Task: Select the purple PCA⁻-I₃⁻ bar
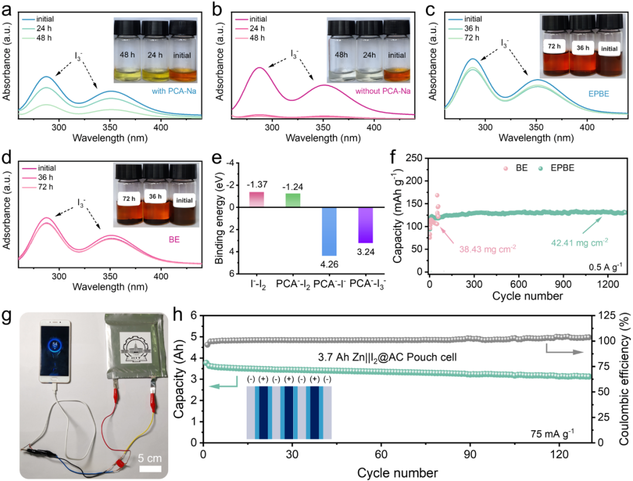coord(366,225)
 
